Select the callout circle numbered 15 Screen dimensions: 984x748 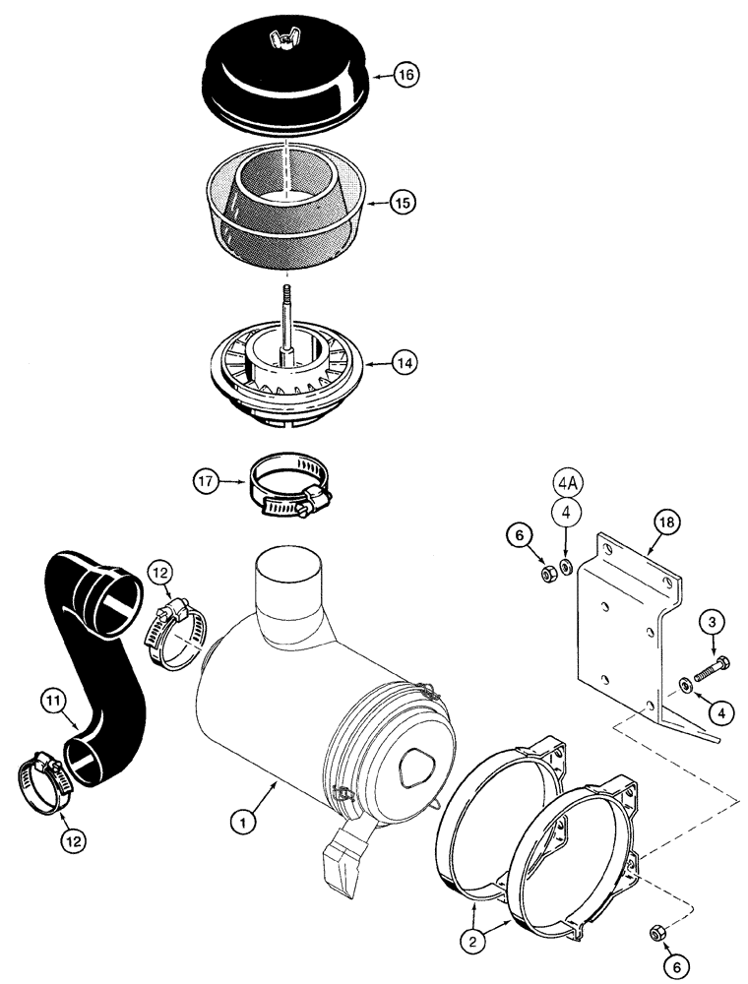pyautogui.click(x=402, y=203)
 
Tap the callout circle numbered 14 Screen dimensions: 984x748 pyautogui.click(x=402, y=363)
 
